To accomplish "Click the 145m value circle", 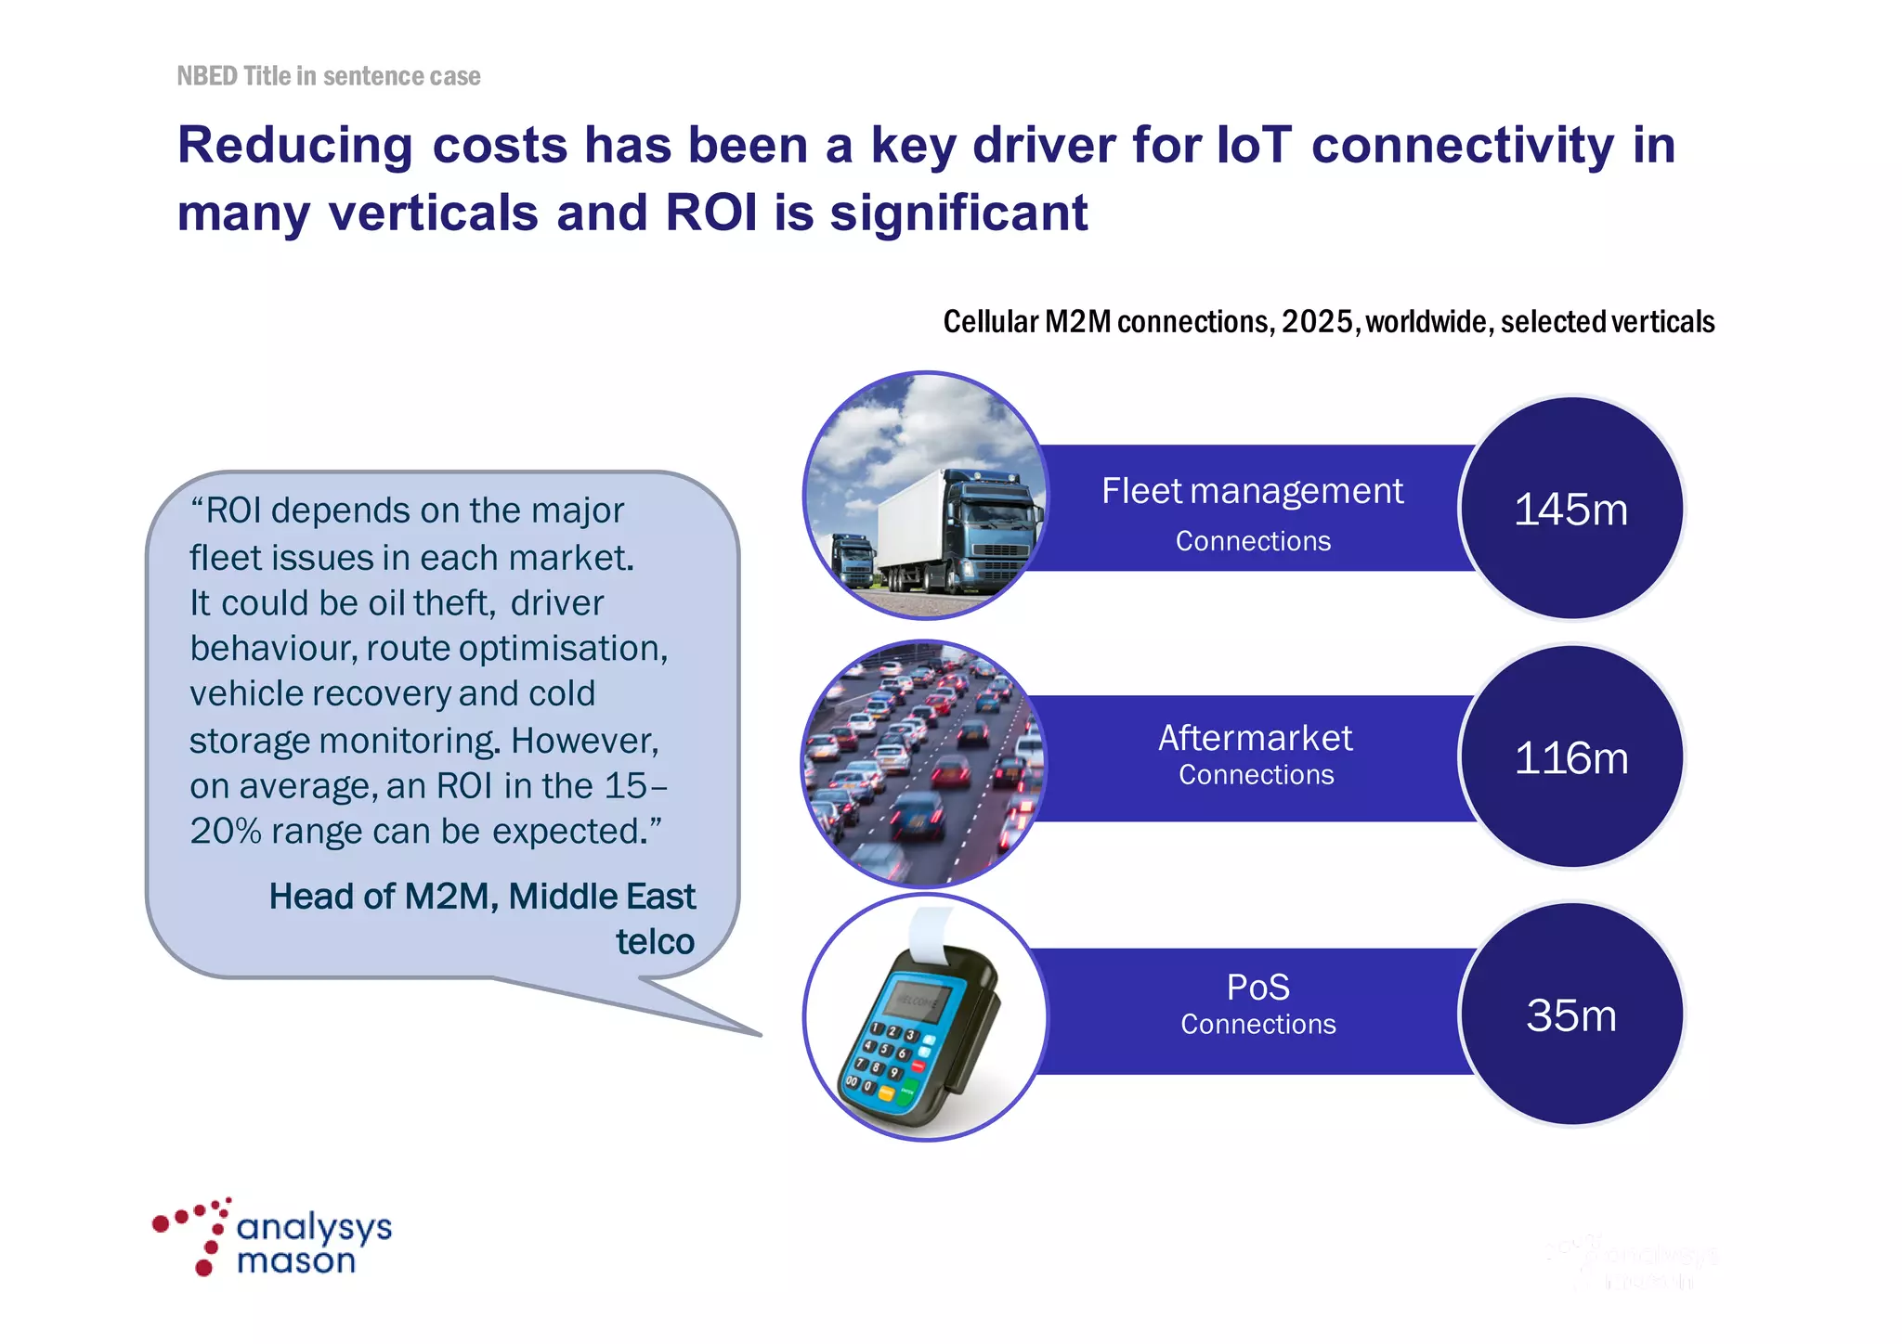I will pos(1570,509).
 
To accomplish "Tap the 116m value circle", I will pos(1570,757).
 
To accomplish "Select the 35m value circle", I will pos(1570,1014).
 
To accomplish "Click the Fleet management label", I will pos(1252,491).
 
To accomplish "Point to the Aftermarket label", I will pos(1255,738).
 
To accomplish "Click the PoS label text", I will pos(1257,987).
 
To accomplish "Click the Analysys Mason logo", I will pos(272,1238).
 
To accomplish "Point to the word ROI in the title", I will pos(711,213).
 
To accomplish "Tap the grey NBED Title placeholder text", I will pos(328,76).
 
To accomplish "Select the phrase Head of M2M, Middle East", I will pos(481,897).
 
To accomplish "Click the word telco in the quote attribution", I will pos(655,942).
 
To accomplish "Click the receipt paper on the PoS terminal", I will pos(930,933).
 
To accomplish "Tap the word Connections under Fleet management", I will pos(1252,541).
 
